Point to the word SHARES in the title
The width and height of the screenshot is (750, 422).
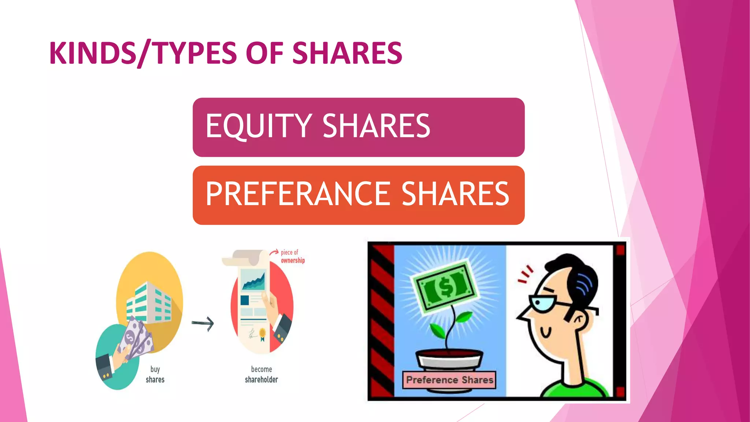[x=347, y=53]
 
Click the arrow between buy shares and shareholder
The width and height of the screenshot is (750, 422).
[x=203, y=323]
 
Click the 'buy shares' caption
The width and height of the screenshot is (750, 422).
[x=155, y=374]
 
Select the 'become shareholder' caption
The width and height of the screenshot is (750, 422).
[x=261, y=374]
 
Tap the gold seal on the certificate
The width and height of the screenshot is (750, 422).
[x=263, y=333]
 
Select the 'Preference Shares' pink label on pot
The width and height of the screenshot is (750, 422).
[x=449, y=380]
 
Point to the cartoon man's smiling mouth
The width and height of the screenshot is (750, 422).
[x=546, y=334]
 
